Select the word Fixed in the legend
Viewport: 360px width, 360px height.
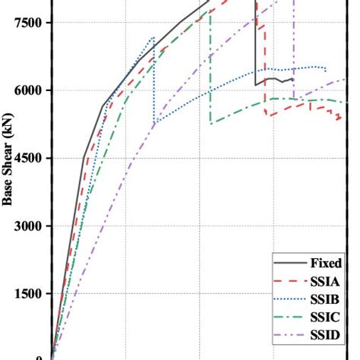[x=325, y=264]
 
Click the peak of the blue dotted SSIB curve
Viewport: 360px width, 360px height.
[x=153, y=37]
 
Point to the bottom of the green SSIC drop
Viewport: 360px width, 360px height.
[x=210, y=123]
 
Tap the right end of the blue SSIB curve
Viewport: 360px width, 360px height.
[x=327, y=71]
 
